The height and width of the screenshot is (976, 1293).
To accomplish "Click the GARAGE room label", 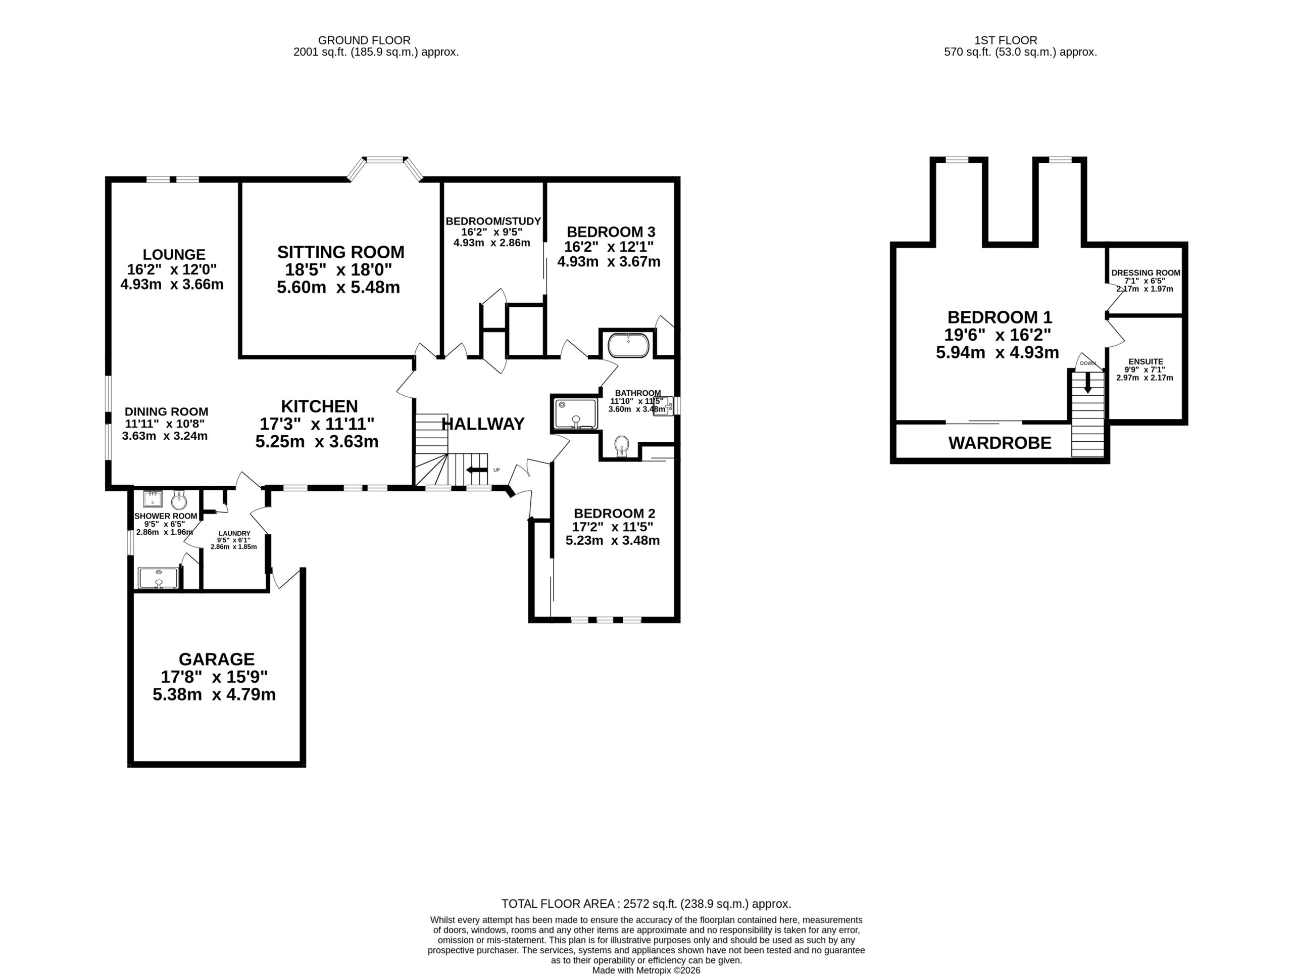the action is [x=216, y=659].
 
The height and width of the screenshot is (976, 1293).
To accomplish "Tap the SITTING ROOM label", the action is [x=341, y=252].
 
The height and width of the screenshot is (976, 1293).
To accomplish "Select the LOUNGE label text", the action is [x=174, y=254].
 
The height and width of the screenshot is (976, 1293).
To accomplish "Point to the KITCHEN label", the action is [x=319, y=406].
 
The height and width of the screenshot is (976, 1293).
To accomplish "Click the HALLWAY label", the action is [x=483, y=424].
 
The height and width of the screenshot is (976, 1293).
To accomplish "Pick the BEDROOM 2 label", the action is [x=614, y=514].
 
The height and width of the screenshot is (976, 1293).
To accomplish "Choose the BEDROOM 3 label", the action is [x=611, y=231].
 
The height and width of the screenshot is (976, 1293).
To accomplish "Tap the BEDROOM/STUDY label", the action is [x=493, y=221].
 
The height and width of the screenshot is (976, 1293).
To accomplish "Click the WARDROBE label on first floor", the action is [x=1000, y=443].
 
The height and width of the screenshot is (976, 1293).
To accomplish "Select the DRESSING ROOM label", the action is [x=1146, y=273].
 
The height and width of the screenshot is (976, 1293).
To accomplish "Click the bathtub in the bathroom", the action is [x=628, y=345].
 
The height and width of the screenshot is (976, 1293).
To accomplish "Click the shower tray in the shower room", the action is [x=158, y=578].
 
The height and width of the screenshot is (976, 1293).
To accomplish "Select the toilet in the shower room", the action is [x=179, y=500].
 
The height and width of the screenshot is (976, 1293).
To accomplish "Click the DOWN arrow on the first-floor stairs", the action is [x=1088, y=383].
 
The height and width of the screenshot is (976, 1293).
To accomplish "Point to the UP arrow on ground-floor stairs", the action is [x=476, y=470].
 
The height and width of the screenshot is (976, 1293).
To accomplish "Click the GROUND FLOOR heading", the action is [x=364, y=40].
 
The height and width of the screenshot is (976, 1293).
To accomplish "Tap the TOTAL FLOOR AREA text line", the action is [x=646, y=904].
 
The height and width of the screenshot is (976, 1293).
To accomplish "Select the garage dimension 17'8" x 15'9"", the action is [x=215, y=677].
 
